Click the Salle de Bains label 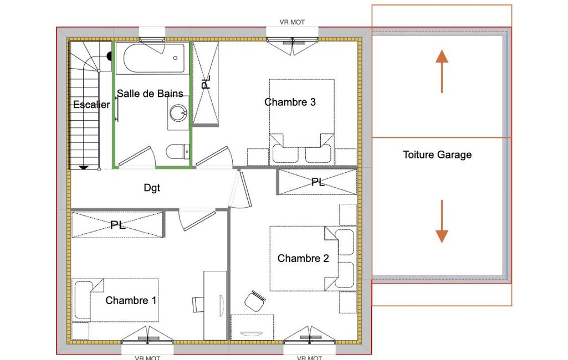coord(150,94)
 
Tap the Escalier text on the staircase coord(91,105)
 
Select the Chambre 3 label coord(290,102)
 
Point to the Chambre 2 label coord(303,258)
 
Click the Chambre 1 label coord(131,300)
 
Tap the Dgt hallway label coord(152,188)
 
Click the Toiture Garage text coord(437,155)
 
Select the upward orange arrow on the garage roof coord(442,71)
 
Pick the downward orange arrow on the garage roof coord(442,222)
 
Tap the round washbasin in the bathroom coord(178,112)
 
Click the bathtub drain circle coord(175,58)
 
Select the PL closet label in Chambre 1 coord(117,225)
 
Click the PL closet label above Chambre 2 coord(318,182)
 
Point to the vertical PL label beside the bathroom coord(206,83)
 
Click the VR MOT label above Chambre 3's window coord(293,22)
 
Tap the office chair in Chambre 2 coord(255,301)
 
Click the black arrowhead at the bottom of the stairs coord(84,167)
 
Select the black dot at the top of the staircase coord(109,56)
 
